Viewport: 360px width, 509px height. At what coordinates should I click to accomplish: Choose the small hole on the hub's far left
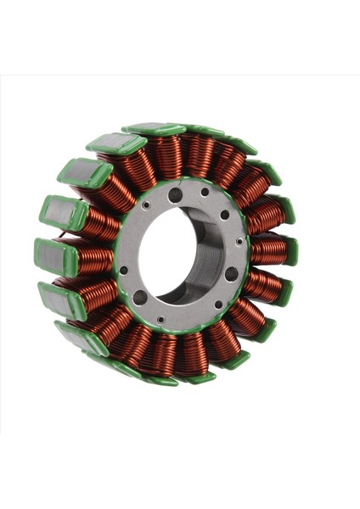124,270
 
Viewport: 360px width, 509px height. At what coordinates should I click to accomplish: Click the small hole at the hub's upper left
146,204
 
